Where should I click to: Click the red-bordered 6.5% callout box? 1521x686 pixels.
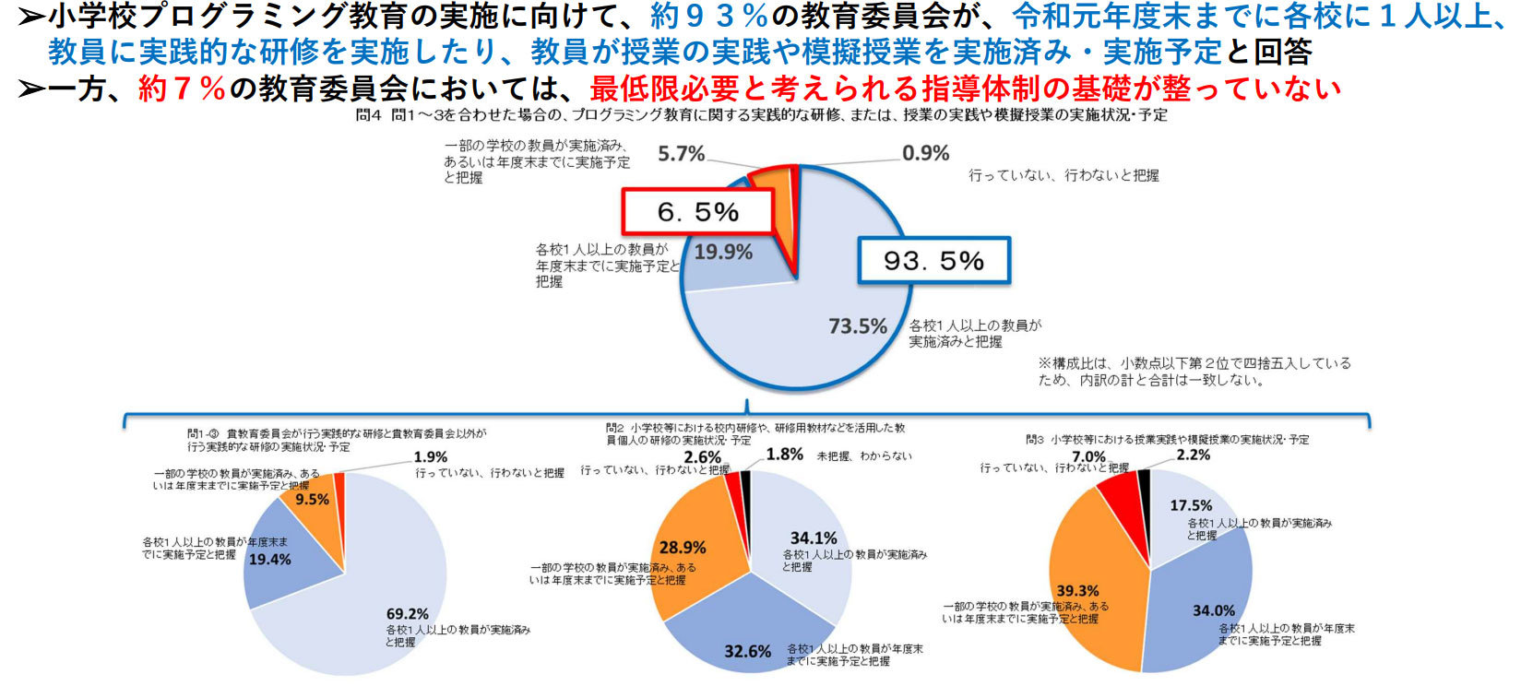click(697, 212)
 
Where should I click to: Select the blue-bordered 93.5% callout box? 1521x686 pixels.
click(933, 260)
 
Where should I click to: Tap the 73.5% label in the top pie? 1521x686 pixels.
click(857, 325)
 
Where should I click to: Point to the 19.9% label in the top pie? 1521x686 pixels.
click(723, 252)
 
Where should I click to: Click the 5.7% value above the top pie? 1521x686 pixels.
click(681, 154)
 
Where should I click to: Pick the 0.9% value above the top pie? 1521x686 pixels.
click(925, 153)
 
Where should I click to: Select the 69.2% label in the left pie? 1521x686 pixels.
click(407, 613)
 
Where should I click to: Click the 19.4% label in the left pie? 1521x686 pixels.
click(269, 559)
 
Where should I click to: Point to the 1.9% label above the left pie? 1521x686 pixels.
click(430, 456)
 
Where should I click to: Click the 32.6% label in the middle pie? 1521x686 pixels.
click(747, 651)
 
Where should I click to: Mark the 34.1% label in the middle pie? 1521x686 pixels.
click(813, 538)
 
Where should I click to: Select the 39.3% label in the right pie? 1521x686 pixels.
click(1077, 590)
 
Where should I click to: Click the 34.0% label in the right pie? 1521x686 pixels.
click(1213, 610)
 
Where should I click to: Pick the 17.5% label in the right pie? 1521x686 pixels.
click(1191, 505)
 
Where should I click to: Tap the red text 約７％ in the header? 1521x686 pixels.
click(182, 89)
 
